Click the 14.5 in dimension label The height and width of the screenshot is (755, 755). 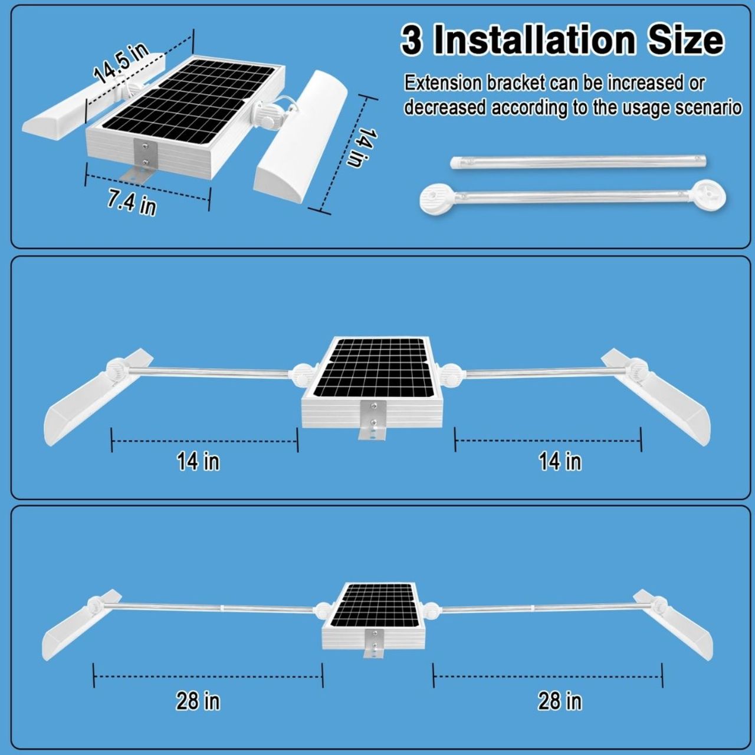click(x=122, y=63)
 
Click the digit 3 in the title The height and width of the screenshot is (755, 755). click(x=412, y=41)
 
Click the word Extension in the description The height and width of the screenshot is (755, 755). click(x=442, y=84)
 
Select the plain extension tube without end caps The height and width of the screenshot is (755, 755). click(x=577, y=162)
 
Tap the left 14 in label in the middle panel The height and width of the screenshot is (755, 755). click(x=198, y=461)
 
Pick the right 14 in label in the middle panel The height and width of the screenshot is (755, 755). click(x=560, y=461)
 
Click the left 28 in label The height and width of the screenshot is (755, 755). click(x=198, y=701)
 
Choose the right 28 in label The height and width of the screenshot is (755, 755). click(x=560, y=701)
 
